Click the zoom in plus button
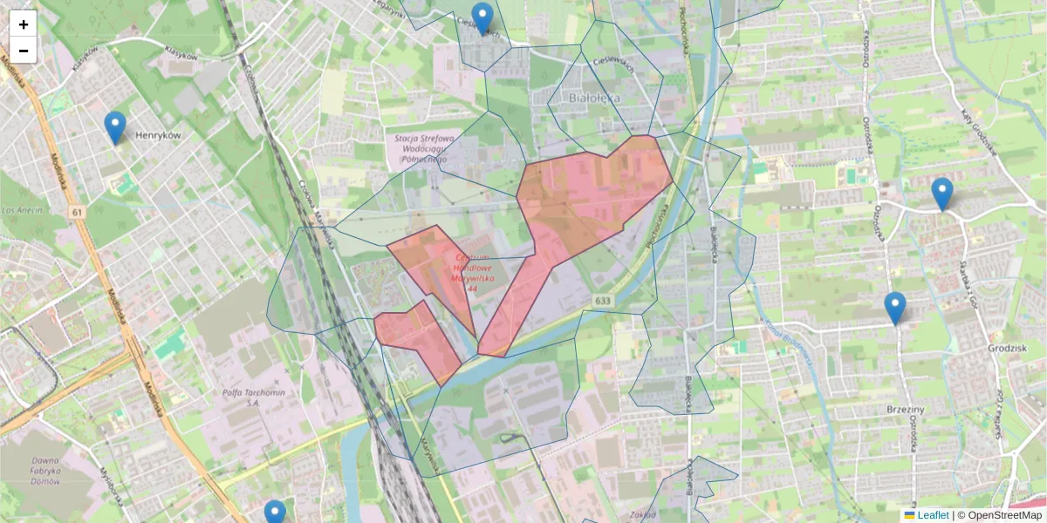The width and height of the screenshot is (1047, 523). (x=24, y=24)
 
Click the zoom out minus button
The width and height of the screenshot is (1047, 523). (x=24, y=51)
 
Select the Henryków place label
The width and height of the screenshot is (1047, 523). (x=158, y=136)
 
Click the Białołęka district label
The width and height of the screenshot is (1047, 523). (x=593, y=98)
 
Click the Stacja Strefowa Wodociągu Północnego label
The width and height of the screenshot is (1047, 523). (x=425, y=149)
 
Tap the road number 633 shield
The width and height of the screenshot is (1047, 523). (x=604, y=300)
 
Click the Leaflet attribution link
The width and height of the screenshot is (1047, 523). (x=932, y=515)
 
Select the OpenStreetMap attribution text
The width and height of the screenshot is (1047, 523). (x=1004, y=515)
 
